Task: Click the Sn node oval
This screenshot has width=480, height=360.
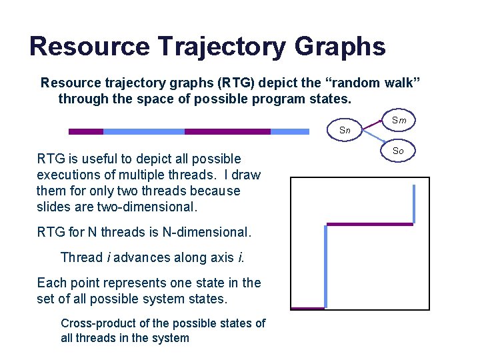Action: [345, 130]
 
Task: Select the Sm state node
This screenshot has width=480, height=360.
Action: [399, 120]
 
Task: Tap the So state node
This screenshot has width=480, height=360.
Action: [398, 151]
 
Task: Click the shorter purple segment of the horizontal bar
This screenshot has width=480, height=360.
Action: [86, 131]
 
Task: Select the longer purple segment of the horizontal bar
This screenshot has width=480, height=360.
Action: [227, 131]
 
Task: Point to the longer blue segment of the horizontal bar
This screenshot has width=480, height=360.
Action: [143, 131]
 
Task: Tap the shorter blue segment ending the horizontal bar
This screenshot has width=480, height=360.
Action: [290, 131]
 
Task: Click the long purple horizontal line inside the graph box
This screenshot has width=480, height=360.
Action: [369, 225]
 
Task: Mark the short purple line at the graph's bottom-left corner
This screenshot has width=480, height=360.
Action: [307, 309]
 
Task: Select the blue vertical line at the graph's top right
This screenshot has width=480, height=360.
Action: [414, 203]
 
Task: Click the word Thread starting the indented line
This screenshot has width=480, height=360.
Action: [81, 257]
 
